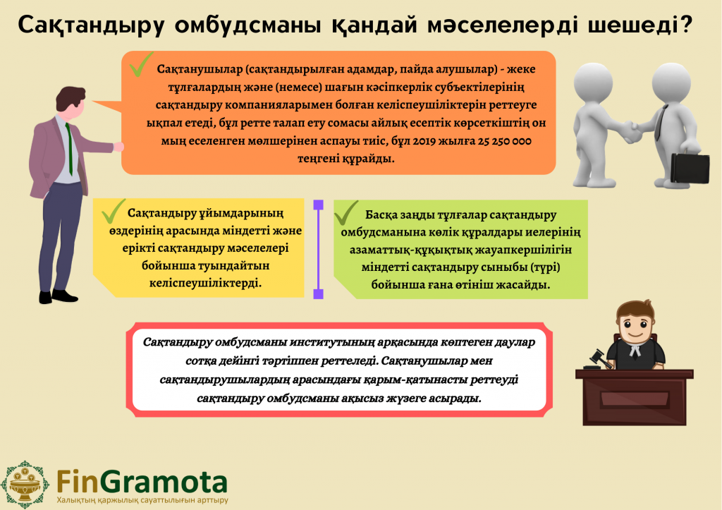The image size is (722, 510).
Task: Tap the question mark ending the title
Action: tap(686, 24)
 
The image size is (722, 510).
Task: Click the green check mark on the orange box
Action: tap(141, 64)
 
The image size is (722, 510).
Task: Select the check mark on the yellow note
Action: tap(114, 210)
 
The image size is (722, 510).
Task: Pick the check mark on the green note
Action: tap(346, 213)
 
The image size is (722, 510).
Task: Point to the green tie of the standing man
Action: tap(69, 150)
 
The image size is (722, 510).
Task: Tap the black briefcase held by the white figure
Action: tap(690, 168)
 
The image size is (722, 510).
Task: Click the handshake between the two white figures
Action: tap(630, 132)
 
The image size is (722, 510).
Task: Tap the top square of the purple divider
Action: tap(318, 205)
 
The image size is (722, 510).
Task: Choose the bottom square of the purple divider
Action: tap(318, 294)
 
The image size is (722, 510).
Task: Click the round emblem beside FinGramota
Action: tap(25, 484)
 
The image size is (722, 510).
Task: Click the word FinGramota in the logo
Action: tap(142, 482)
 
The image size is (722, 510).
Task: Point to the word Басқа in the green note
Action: tap(380, 215)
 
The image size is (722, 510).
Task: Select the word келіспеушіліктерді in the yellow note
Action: tap(205, 283)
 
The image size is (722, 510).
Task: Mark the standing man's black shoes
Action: tap(59, 296)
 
